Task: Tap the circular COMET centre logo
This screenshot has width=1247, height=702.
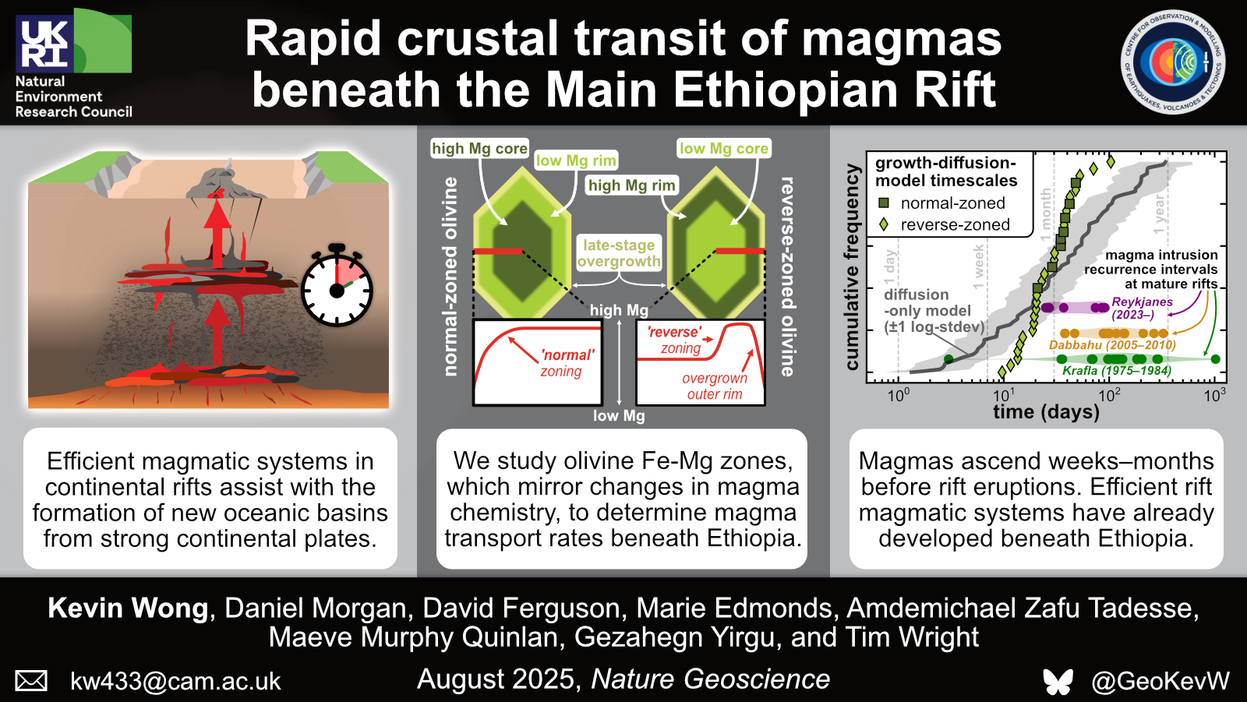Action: [1173, 62]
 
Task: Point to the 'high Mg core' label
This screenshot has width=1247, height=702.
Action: [479, 149]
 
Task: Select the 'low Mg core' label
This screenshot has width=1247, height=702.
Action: [724, 149]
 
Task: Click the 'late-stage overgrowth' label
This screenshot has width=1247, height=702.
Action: [619, 253]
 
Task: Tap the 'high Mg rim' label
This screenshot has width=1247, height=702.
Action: [632, 185]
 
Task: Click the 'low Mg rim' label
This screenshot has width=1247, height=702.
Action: [576, 161]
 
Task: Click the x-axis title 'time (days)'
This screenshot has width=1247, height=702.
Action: [1046, 412]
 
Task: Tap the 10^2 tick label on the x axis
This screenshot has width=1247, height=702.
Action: [1109, 395]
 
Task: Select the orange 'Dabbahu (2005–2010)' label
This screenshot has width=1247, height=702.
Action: [1111, 345]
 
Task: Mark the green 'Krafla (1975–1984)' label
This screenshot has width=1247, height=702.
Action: [1117, 371]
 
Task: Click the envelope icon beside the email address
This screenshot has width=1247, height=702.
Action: [30, 681]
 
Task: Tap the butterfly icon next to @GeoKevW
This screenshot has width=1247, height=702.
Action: [1058, 682]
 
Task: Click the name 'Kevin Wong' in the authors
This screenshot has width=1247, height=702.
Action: [128, 608]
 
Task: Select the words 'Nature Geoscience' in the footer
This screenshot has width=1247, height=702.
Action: [710, 679]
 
